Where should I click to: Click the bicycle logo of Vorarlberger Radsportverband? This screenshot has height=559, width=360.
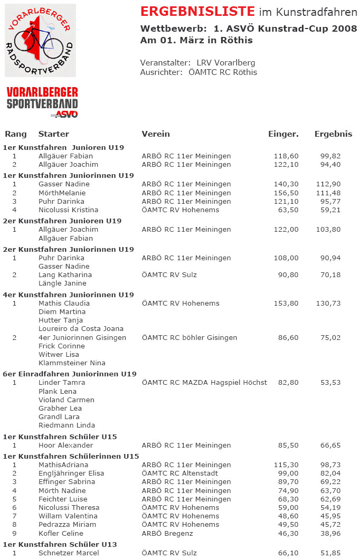(x=40, y=40)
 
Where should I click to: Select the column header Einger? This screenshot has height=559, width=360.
(x=283, y=134)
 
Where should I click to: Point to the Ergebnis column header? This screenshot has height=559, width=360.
(x=333, y=134)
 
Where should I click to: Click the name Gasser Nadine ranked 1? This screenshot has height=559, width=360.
(x=64, y=184)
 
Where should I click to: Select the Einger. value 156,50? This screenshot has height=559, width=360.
(x=287, y=193)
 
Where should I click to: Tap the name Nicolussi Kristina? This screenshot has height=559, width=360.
(x=68, y=210)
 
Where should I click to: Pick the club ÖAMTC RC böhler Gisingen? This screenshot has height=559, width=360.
(x=190, y=338)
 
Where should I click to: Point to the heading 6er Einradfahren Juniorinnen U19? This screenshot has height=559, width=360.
(x=70, y=374)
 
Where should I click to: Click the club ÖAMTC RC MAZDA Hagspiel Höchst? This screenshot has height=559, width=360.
(x=204, y=383)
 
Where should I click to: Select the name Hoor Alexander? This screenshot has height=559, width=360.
(x=65, y=446)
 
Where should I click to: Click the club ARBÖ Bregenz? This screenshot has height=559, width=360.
(x=167, y=534)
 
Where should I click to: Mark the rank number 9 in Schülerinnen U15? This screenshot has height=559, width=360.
(x=15, y=534)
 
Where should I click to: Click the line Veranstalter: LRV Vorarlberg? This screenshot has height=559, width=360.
(x=197, y=63)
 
